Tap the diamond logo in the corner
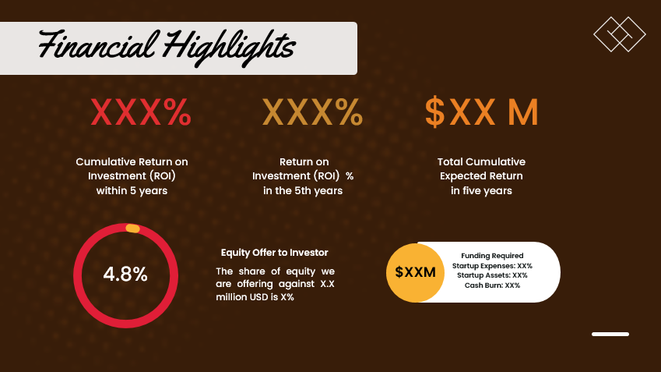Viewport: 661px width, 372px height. [620, 36]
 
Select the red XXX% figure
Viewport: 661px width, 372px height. [141, 113]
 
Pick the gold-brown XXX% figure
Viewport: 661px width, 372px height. [312, 113]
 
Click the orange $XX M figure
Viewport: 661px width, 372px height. [481, 113]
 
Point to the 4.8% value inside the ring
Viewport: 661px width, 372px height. [125, 275]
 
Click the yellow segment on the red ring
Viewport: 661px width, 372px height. [132, 229]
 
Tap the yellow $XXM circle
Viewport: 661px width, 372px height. [414, 272]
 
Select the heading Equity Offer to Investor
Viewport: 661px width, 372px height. [274, 253]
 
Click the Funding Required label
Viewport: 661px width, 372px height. [492, 256]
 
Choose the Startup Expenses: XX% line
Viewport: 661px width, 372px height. [492, 266]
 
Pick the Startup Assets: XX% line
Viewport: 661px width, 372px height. [492, 275]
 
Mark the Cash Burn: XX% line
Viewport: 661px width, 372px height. [492, 285]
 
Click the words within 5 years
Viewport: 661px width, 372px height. [132, 191]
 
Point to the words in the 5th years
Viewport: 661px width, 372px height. [303, 191]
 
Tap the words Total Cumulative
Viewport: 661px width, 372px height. [481, 162]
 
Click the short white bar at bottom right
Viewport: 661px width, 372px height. [610, 334]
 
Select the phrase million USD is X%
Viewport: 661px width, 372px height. [255, 297]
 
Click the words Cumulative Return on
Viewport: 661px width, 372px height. [132, 162]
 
